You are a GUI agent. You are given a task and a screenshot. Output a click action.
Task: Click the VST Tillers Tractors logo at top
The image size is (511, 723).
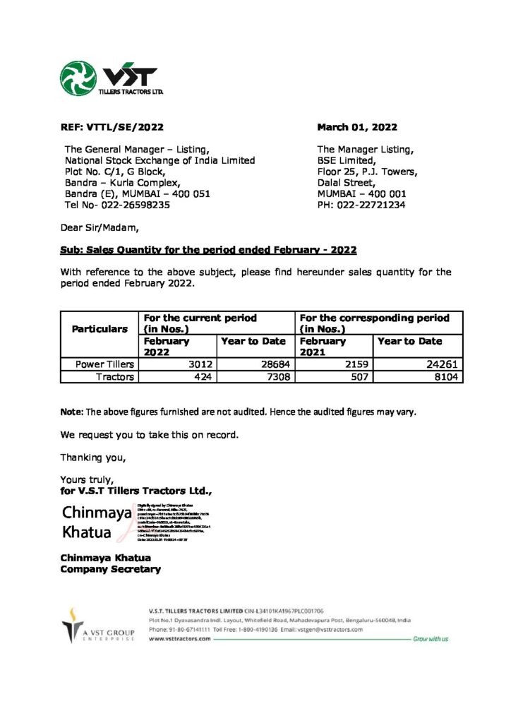pyautogui.click(x=112, y=78)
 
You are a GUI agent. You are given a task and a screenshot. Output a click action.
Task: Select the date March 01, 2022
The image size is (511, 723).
pyautogui.click(x=356, y=128)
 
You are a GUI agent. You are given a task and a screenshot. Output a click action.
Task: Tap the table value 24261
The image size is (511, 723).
pyautogui.click(x=444, y=364)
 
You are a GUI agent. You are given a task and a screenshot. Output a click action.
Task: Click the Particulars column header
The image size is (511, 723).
pyautogui.click(x=100, y=329)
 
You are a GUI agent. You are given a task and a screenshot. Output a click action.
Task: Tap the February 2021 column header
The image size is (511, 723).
pyautogui.click(x=323, y=346)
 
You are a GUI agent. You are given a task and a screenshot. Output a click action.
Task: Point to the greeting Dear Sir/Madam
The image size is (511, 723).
pyautogui.click(x=100, y=227)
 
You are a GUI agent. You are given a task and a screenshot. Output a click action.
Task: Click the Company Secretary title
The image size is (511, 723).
pyautogui.click(x=110, y=569)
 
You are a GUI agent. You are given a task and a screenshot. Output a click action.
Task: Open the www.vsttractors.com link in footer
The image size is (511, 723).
pyautogui.click(x=180, y=638)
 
